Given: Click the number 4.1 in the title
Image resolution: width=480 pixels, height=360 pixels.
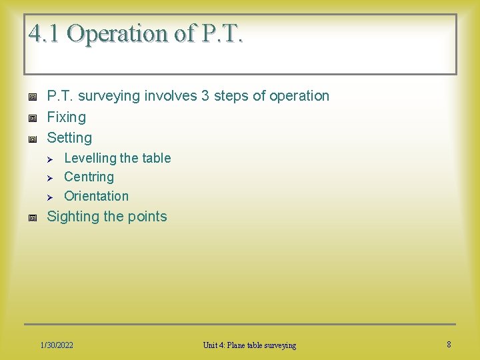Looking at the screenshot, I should (x=44, y=33).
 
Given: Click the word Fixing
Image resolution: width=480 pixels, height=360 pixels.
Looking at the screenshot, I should (x=66, y=117).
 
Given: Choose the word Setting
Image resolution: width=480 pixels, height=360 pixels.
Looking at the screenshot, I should (x=69, y=138).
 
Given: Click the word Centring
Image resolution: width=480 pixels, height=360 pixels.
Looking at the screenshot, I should (x=89, y=177).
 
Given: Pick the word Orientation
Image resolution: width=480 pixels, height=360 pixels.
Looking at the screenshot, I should (x=96, y=196).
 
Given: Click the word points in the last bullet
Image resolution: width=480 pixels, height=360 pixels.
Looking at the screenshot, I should (x=147, y=217).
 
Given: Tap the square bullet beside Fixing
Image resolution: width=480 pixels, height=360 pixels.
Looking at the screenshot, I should (x=31, y=118).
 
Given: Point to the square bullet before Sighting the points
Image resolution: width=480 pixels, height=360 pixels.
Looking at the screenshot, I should (x=31, y=217).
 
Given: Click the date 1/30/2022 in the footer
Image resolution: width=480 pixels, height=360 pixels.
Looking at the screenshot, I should (x=57, y=345).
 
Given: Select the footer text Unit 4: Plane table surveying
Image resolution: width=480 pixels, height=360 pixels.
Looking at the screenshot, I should (x=250, y=345).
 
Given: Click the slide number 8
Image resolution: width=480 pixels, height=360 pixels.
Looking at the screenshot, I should (x=449, y=345).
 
